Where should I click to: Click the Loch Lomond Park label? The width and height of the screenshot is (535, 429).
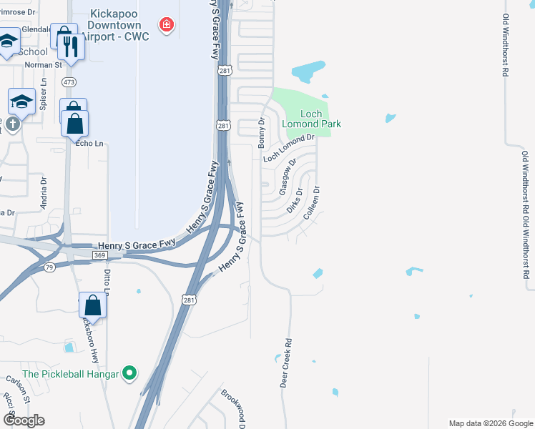(x=311, y=119)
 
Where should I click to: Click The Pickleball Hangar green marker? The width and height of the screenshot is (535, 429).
(x=129, y=373)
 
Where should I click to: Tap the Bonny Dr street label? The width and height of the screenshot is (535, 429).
(x=262, y=132)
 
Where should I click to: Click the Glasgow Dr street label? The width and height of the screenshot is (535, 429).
(x=288, y=177)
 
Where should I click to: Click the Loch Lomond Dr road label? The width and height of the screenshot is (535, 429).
(x=289, y=148)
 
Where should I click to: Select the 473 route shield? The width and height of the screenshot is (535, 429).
(x=69, y=82)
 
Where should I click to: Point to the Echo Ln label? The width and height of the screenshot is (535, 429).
(x=89, y=143)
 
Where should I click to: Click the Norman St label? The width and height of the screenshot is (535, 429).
(x=44, y=64)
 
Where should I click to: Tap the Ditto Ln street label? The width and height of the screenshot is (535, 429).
(x=106, y=281)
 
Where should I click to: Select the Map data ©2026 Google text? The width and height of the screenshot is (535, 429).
(x=490, y=423)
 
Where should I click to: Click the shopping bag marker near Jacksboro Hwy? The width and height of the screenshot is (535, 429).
(x=93, y=306)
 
